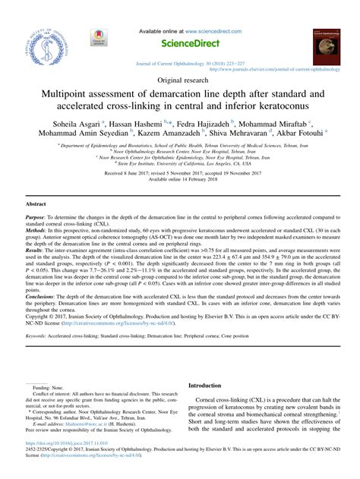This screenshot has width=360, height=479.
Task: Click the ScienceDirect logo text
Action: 179,44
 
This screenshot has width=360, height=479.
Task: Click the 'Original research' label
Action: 180,79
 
